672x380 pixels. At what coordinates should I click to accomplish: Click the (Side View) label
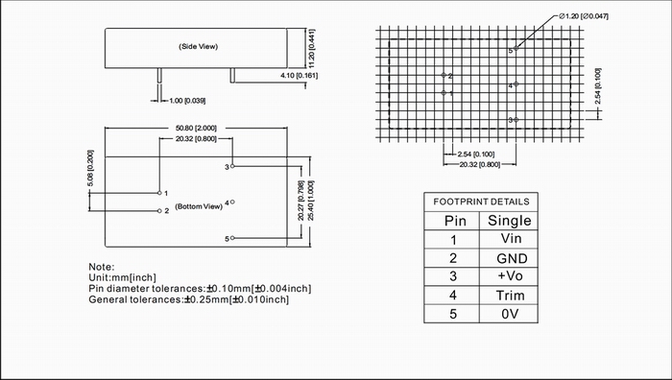click(x=198, y=46)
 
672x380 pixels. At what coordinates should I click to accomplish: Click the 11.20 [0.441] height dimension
click(x=312, y=48)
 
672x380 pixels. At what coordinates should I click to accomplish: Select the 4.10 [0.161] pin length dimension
click(x=300, y=76)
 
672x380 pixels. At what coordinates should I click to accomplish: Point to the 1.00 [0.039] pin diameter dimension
click(x=187, y=101)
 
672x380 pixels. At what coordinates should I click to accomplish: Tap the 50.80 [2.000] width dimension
click(x=196, y=128)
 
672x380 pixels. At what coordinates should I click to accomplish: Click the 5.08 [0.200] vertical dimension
click(x=90, y=168)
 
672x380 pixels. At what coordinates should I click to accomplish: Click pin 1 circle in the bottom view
click(x=159, y=193)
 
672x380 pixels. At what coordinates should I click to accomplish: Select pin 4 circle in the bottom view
click(x=232, y=202)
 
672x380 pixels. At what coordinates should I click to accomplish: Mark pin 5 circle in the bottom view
click(x=232, y=238)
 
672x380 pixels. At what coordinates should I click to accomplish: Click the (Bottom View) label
click(x=199, y=206)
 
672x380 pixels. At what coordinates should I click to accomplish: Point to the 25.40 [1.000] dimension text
click(x=311, y=201)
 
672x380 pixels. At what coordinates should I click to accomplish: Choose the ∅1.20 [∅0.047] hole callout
click(x=584, y=16)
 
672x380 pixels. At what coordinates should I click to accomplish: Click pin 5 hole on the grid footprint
click(x=516, y=48)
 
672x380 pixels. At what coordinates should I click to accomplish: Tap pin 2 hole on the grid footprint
click(x=444, y=75)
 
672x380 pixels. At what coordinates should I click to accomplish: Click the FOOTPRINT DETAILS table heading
click(x=481, y=202)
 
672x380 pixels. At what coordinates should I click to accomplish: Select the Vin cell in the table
click(x=511, y=238)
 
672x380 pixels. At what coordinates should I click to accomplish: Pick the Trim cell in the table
click(x=510, y=296)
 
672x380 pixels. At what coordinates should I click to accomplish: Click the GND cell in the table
click(x=512, y=258)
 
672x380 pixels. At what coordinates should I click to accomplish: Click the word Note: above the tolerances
click(x=102, y=267)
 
